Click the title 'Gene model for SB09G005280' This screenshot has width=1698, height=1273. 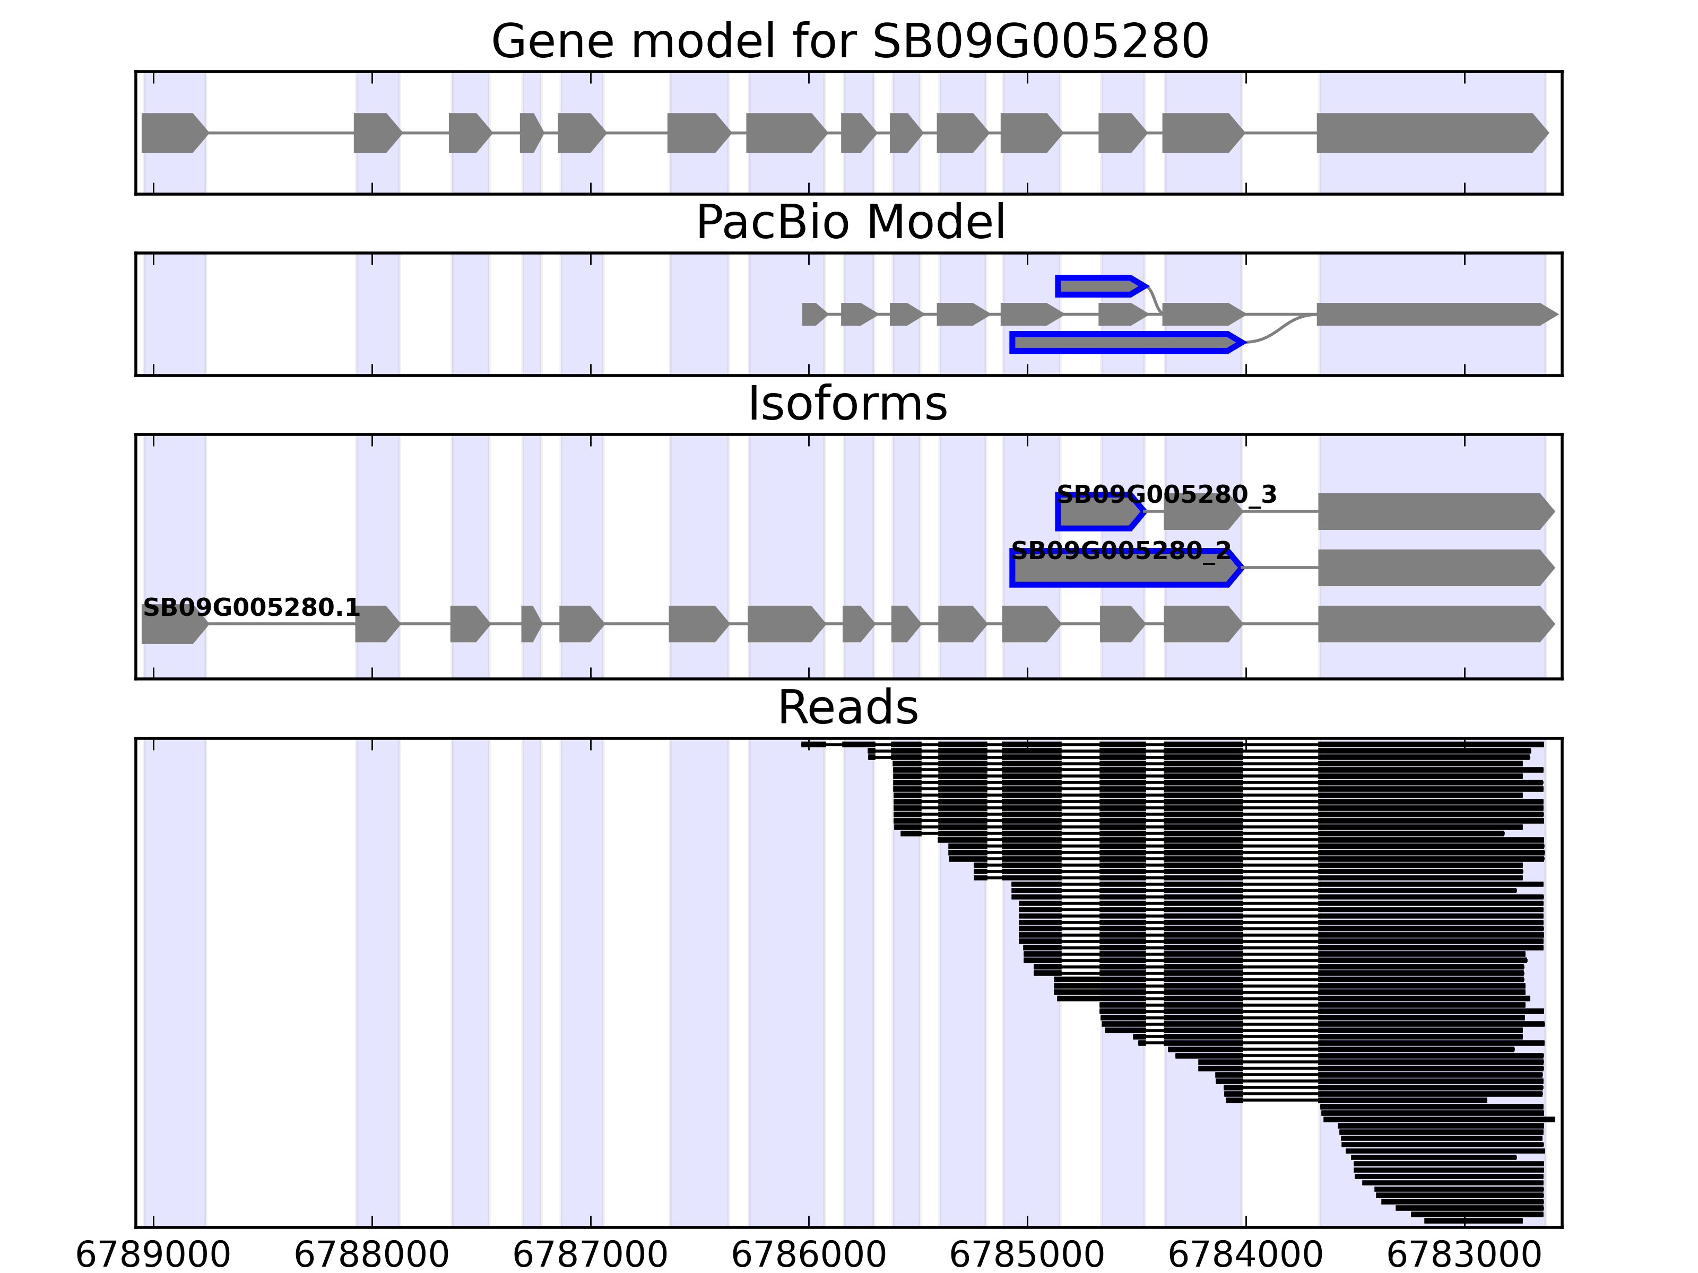850,41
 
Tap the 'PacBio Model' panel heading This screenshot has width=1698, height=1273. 850,223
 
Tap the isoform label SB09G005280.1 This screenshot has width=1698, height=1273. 251,608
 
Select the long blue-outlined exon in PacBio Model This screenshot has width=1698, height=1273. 1124,342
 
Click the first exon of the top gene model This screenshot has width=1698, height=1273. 172,133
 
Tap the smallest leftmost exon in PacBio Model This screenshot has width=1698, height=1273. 813,314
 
